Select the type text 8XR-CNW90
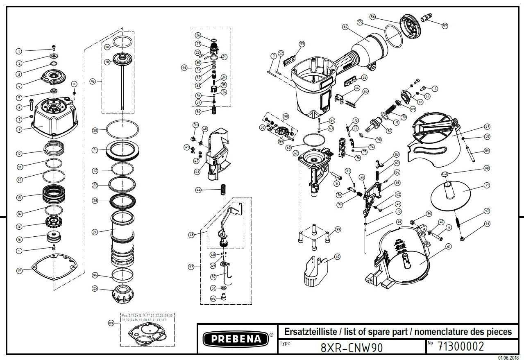[352, 348]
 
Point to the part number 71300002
[460, 346]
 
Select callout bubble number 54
[345, 27]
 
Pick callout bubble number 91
[487, 185]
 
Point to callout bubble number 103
[111, 323]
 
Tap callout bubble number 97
[191, 267]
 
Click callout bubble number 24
[95, 232]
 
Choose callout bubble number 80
[337, 257]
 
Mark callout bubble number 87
[487, 127]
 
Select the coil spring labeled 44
[223, 190]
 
